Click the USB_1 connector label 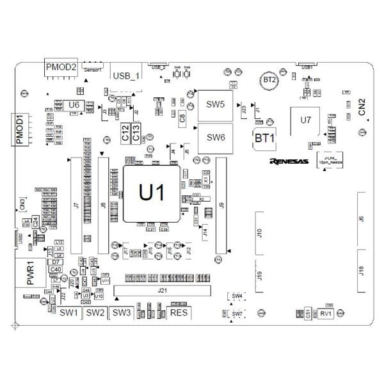pos(125,76)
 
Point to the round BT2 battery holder pos(270,80)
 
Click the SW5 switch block pos(215,104)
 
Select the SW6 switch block pos(215,137)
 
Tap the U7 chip pos(305,120)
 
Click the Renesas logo pos(289,161)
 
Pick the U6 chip pos(74,104)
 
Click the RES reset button pos(179,312)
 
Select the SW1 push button pos(68,312)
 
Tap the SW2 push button pos(95,312)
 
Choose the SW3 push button pos(120,312)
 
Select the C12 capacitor pos(125,132)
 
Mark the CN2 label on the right pos(362,106)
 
